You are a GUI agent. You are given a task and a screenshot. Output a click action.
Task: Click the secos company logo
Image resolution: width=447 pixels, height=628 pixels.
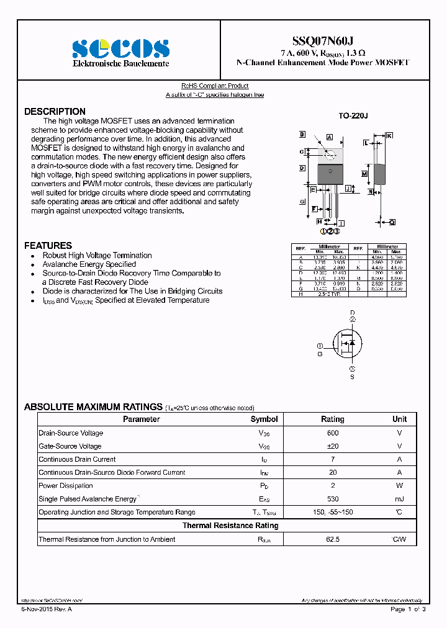click(120, 48)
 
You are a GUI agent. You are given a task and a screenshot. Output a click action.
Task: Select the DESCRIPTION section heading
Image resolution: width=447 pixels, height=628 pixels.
click(55, 112)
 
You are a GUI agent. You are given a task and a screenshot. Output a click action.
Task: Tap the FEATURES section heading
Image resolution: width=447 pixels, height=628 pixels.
click(48, 246)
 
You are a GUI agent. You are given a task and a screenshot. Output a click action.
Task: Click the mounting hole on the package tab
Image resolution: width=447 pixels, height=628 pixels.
click(330, 155)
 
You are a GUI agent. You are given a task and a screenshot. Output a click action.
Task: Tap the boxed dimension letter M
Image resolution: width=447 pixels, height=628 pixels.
click(364, 174)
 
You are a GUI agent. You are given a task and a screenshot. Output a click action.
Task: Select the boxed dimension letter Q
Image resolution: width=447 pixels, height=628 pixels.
click(392, 222)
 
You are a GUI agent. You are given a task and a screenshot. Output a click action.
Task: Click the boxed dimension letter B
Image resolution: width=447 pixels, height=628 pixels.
click(302, 135)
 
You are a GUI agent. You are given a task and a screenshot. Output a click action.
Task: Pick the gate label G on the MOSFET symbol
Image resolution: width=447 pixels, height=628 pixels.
click(320, 354)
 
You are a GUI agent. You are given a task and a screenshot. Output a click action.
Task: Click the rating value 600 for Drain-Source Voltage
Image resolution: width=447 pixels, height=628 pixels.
click(333, 433)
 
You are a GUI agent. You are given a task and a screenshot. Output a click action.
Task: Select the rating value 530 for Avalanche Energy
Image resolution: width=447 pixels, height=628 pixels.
click(333, 499)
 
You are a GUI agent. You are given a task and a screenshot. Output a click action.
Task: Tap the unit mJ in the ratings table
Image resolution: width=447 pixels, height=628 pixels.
click(399, 499)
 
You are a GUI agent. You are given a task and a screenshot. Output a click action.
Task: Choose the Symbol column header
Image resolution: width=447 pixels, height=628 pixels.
click(264, 419)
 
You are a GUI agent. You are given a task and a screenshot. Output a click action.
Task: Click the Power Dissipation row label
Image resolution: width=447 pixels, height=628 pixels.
click(66, 486)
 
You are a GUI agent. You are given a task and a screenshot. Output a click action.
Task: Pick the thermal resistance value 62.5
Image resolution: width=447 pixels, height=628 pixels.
click(333, 539)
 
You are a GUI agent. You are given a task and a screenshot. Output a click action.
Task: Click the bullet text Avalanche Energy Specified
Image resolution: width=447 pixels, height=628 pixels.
click(89, 264)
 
